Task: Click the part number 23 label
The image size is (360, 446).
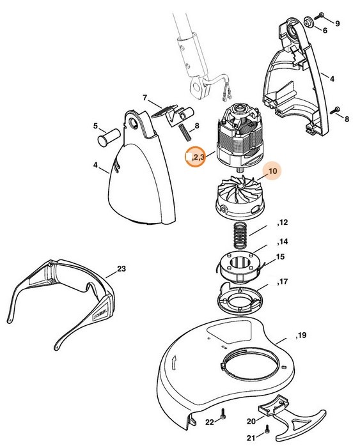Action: pyautogui.click(x=121, y=269)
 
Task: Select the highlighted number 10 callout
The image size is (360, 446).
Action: pyautogui.click(x=272, y=171)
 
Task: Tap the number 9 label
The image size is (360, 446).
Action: pyautogui.click(x=338, y=24)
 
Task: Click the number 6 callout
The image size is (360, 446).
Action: pyautogui.click(x=325, y=30)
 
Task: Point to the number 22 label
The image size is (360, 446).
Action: pyautogui.click(x=210, y=422)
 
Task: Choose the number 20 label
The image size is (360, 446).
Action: pyautogui.click(x=251, y=421)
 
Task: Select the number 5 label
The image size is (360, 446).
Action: pyautogui.click(x=95, y=126)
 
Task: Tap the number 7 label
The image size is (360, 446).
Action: pyautogui.click(x=145, y=98)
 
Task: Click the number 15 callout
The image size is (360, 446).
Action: pyautogui.click(x=280, y=257)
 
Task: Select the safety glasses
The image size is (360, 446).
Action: pyautogui.click(x=60, y=302)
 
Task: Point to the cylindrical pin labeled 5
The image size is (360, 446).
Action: pyautogui.click(x=109, y=137)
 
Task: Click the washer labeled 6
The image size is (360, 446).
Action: pyautogui.click(x=308, y=22)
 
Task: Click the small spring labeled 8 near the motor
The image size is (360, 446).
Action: pyautogui.click(x=184, y=132)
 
